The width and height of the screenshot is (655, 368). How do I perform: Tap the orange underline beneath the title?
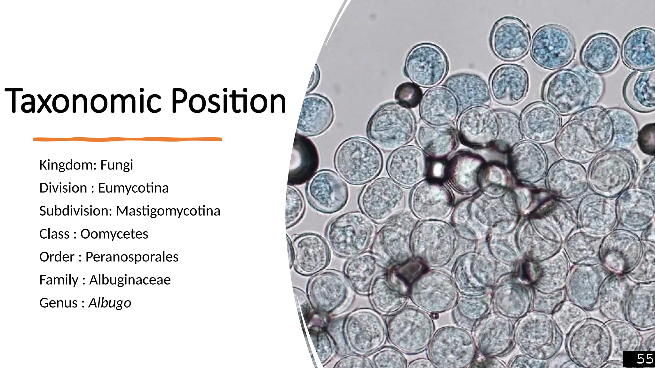[x=128, y=139]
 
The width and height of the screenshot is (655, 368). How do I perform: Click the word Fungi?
[x=116, y=165]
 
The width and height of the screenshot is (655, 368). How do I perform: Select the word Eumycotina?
[x=133, y=188]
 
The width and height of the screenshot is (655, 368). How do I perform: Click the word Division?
[x=63, y=188]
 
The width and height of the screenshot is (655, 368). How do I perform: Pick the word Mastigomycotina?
[x=168, y=211]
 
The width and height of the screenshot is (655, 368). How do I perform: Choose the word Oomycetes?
[x=114, y=234]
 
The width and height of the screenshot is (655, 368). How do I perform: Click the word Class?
[x=54, y=234]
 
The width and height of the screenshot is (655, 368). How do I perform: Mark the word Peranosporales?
[x=132, y=257]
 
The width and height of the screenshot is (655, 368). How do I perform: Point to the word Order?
[x=57, y=257]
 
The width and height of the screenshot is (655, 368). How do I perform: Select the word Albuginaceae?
[x=130, y=280]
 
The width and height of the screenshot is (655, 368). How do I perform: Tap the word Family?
[x=59, y=280]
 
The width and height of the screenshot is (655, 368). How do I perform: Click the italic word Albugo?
[x=110, y=303]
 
